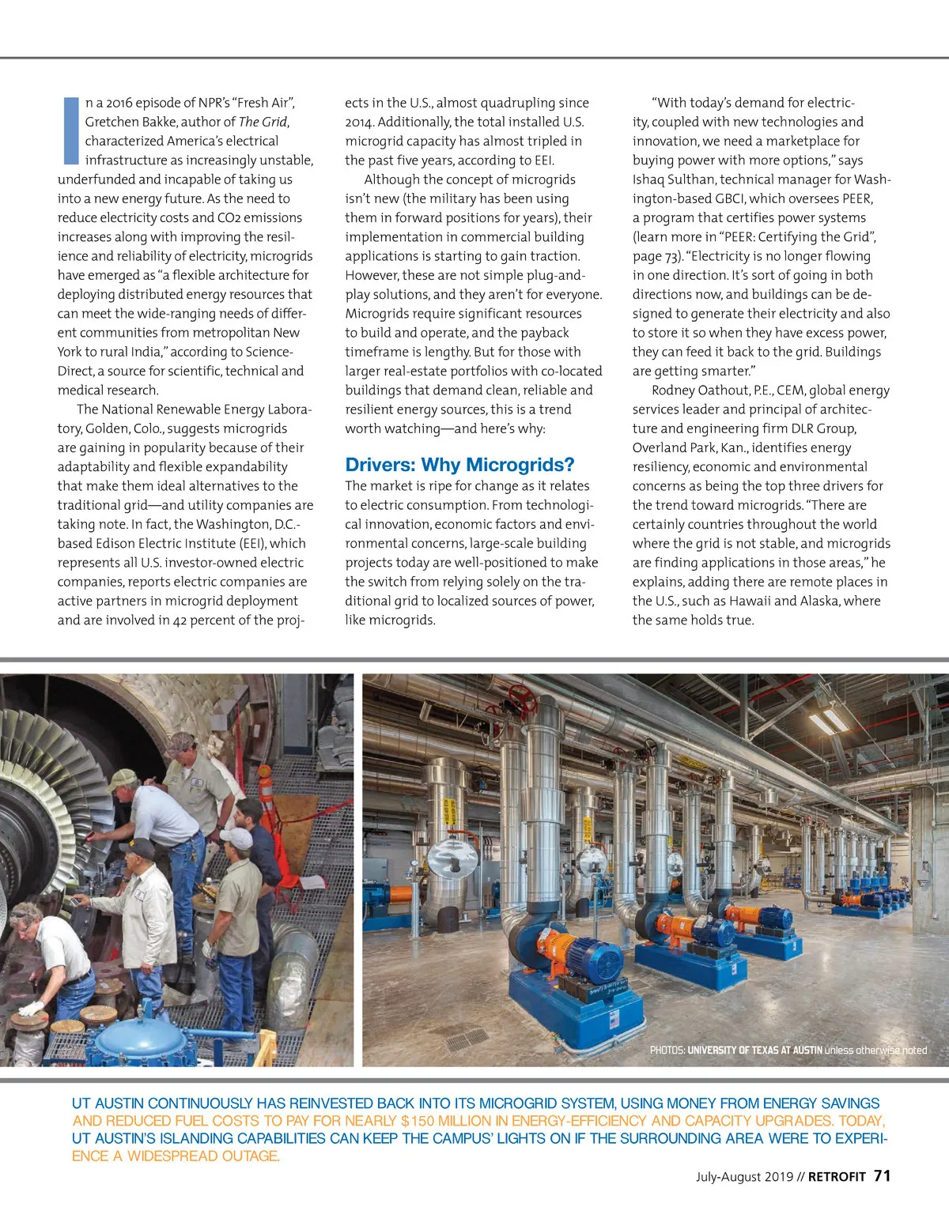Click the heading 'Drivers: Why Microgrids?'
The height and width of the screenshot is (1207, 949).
[459, 465]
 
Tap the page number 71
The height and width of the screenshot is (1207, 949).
[883, 1176]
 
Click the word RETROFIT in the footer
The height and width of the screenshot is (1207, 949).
[837, 1177]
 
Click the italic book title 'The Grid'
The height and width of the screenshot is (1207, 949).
[263, 122]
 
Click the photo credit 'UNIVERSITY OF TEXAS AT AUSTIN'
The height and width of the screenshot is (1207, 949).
[754, 1050]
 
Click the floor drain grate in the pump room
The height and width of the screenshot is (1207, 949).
[467, 1038]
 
